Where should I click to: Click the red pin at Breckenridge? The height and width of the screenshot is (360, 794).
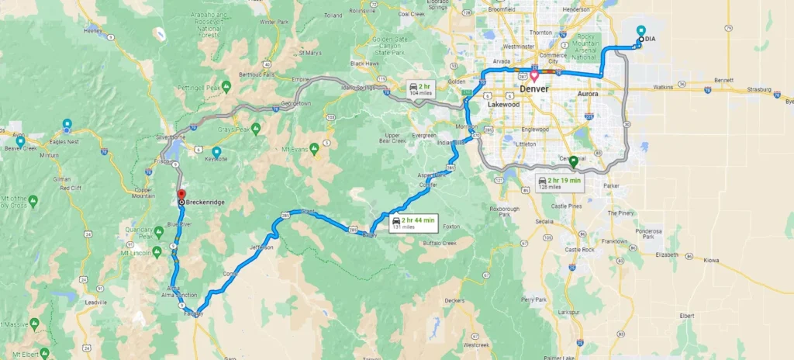(x=181, y=194)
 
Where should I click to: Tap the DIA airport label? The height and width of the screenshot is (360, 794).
(x=650, y=38)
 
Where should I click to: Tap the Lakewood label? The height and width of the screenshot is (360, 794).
(x=504, y=103)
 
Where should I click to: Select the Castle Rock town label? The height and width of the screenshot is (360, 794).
(x=578, y=250)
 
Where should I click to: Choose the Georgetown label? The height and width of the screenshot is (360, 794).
(x=295, y=103)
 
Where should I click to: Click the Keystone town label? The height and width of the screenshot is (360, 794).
(x=217, y=160)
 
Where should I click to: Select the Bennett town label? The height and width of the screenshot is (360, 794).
(x=723, y=80)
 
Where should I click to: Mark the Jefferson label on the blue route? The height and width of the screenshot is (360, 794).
(x=261, y=247)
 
